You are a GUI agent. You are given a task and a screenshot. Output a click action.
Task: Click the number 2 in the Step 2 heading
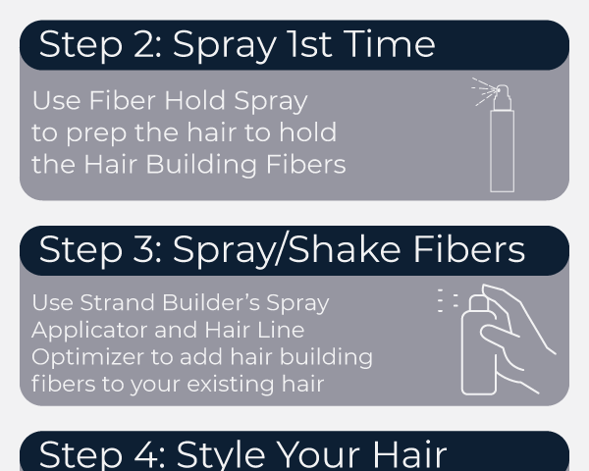point(144,44)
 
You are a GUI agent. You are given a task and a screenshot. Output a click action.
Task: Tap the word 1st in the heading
point(309,44)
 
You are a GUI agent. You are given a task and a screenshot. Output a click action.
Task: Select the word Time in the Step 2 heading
point(390,44)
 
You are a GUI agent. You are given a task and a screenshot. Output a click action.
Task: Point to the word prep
point(97,134)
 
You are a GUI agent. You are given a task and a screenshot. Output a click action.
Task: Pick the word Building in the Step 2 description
point(200,166)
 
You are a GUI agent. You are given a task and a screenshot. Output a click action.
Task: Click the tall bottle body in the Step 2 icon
point(503,151)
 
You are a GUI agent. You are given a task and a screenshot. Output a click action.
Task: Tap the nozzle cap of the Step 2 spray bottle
point(503,98)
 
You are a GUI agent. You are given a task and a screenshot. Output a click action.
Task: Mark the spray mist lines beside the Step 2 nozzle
point(485,91)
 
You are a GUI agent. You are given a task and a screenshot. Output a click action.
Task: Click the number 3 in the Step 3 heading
point(144,249)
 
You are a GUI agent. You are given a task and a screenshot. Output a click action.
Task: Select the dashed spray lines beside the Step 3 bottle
point(448,300)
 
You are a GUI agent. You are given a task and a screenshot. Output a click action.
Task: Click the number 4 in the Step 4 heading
point(145,454)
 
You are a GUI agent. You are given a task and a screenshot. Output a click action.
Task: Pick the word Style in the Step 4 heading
point(221,454)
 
